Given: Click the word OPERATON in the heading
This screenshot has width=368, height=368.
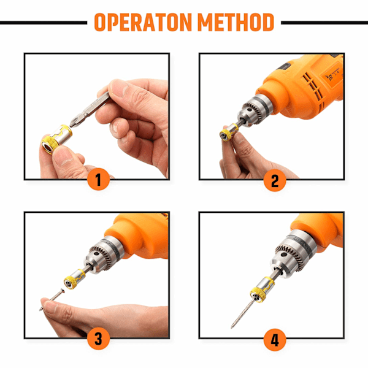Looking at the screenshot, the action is coord(143,22).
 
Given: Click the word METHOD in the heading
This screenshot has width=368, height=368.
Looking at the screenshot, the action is coord(236,22).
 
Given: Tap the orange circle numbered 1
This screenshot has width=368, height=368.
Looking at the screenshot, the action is coord(98,179).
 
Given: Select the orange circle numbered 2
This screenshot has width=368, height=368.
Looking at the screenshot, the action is coord(275,180).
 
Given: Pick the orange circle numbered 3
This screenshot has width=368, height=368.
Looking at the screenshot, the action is coord(98,338).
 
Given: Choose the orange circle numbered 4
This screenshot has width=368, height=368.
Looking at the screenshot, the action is coord(275,340).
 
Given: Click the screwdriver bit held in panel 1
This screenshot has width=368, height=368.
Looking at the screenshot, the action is coord(90,109).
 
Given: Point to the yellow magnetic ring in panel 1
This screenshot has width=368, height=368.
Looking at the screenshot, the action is coord(57,139).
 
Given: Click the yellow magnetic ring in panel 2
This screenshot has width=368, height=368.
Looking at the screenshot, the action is coord(229,132).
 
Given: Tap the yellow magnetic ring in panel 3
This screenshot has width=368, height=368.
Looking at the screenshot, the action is coord(74,279).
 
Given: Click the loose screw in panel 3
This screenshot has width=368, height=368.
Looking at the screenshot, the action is coord(52,299).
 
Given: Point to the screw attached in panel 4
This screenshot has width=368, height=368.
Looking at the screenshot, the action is coord(243,313).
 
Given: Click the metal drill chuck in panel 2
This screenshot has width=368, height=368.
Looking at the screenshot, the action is coord(255,110).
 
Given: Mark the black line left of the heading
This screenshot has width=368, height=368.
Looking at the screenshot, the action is coord(44,23).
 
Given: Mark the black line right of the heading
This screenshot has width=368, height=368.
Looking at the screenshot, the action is coord(324,23).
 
